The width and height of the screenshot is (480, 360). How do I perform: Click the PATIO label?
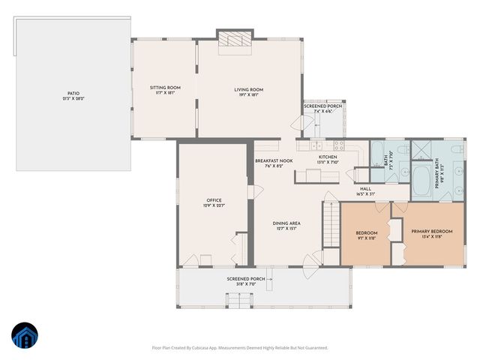73,95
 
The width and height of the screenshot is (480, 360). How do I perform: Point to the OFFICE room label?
214,202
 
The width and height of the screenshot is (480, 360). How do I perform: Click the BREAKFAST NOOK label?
273,163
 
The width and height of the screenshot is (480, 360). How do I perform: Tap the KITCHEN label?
327,159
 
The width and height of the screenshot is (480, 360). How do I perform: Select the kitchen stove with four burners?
339,145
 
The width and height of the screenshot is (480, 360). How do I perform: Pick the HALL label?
365,191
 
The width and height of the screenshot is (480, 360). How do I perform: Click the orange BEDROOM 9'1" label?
366,235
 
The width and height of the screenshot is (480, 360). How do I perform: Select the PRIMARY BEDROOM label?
431,233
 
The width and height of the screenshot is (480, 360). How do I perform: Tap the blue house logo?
24,335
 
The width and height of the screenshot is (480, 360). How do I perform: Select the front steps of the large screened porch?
238,301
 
